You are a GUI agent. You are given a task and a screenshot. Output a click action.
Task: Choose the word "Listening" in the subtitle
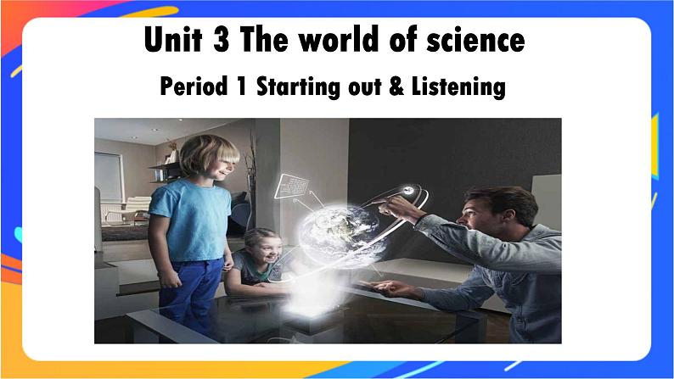point(458,86)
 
